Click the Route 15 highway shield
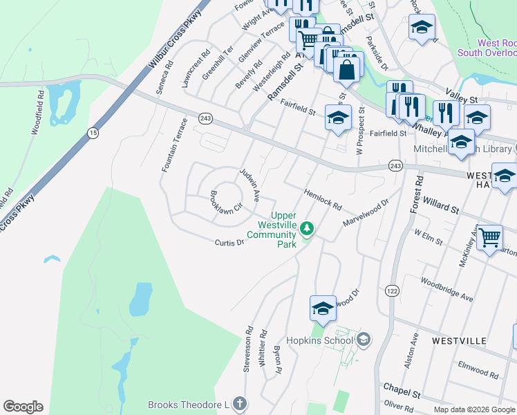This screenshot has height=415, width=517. coord(92,132)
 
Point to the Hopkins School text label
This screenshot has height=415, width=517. coord(322,339)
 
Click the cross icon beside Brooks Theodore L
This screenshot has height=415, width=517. coord(239,403)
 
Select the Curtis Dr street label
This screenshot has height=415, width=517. coord(229,243)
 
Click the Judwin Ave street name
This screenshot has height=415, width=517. coord(249,184)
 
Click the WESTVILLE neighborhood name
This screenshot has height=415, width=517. coord(460,341)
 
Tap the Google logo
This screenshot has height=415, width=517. coord(23,407)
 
